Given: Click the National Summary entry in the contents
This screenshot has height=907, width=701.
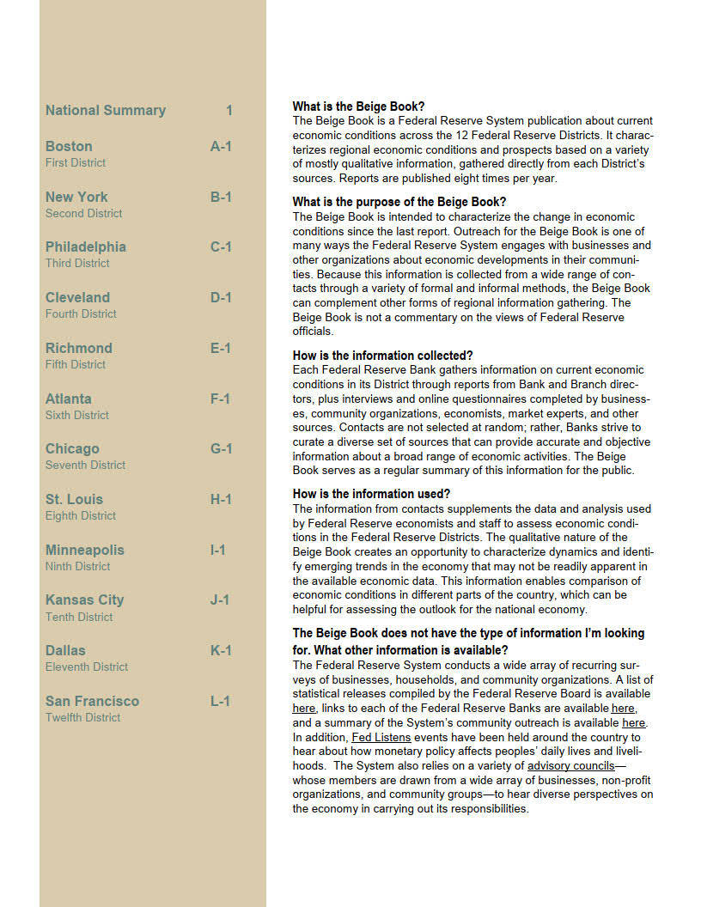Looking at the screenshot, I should (105, 110).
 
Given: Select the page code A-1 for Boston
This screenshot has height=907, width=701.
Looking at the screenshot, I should (221, 146).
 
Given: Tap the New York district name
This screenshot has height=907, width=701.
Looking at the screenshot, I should (76, 197).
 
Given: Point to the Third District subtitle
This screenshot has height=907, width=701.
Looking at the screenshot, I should (77, 263).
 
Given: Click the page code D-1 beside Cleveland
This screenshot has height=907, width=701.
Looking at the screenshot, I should (221, 297).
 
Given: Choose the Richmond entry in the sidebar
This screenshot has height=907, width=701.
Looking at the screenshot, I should (78, 348).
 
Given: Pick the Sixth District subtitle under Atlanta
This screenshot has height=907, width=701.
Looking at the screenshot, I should (77, 415).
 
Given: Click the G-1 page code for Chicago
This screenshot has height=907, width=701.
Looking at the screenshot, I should (221, 448).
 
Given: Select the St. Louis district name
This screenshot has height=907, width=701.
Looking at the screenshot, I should (74, 499).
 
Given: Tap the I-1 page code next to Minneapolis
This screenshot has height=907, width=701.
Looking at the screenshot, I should (218, 550).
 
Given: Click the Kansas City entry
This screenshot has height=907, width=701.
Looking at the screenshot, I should (84, 600).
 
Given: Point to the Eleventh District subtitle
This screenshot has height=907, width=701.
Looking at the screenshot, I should (87, 667).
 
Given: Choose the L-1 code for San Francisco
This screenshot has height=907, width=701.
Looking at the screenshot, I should (221, 701).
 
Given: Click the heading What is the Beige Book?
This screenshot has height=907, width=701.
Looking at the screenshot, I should (358, 107).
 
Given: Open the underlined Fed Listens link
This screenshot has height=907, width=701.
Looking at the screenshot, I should (381, 737).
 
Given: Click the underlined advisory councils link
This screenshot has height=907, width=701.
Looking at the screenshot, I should (570, 765).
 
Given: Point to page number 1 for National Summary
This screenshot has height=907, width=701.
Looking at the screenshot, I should (229, 110).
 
